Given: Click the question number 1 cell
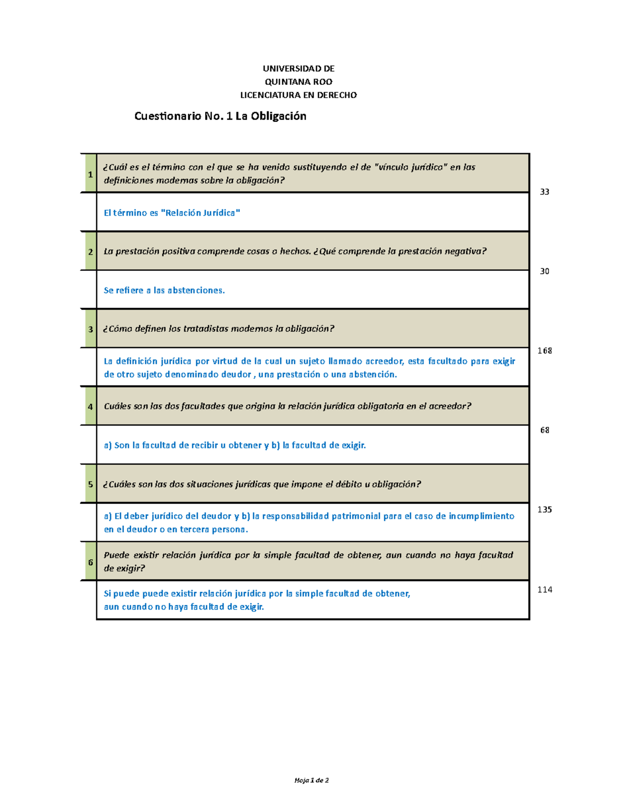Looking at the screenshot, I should (x=90, y=174).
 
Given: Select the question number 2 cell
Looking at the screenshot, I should (x=90, y=252).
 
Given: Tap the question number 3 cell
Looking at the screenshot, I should (x=90, y=329).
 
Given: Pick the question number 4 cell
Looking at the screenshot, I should (x=90, y=406).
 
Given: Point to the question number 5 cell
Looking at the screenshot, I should (x=90, y=484).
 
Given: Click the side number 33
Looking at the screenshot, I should (x=544, y=192).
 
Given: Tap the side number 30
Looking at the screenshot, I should (x=544, y=271).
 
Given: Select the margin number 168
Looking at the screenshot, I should (x=544, y=351).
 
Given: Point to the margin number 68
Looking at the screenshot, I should (x=544, y=430).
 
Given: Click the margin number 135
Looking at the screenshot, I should (x=544, y=509).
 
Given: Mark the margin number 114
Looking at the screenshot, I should (x=544, y=590).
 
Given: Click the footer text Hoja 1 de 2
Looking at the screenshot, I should (x=311, y=780).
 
